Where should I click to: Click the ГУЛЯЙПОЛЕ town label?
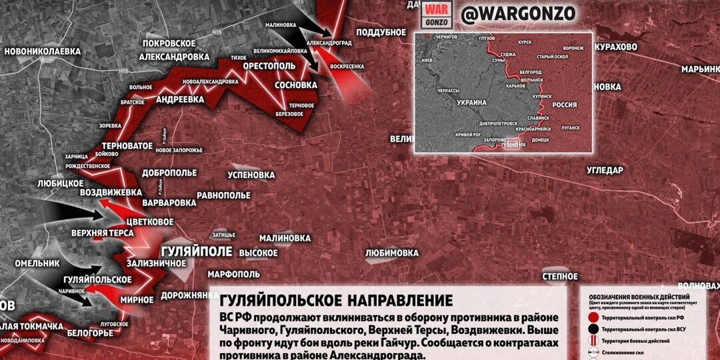pos(197,252)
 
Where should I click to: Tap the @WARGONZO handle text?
pos(517,13)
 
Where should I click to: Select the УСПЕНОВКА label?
pos(251,175)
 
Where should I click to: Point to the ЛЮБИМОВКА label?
pos(391,253)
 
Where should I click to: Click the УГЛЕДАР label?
pos(605,170)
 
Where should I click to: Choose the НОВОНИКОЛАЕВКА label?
pos(42,51)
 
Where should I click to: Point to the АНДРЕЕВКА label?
pos(180,99)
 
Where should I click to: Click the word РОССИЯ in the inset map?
pos(565,105)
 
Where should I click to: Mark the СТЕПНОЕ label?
pos(559,275)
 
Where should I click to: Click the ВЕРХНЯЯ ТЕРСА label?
pos(103,233)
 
